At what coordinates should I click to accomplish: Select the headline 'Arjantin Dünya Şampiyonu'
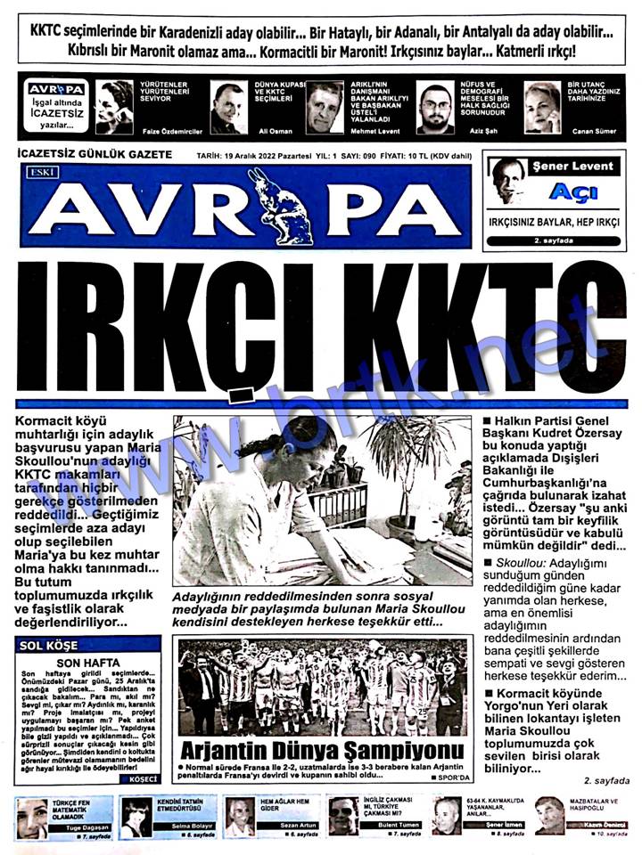coord(323,750)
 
